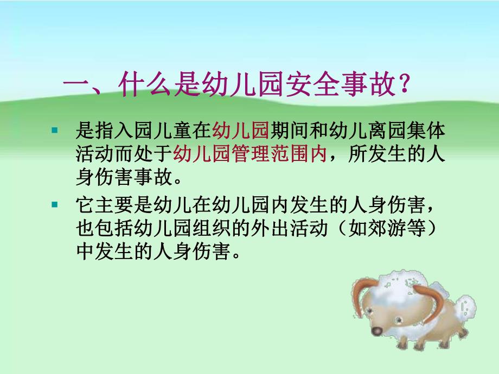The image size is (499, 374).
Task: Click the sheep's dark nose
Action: coord(376,331)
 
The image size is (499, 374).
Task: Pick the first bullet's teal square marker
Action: coord(54,130)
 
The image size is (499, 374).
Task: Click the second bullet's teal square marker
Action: coord(54,205)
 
